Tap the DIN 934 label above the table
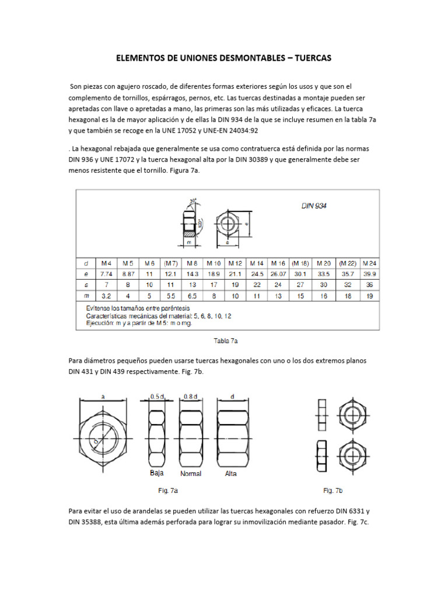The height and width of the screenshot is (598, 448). [314, 206]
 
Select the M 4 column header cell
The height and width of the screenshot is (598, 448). [107, 262]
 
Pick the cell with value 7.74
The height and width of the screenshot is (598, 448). [107, 273]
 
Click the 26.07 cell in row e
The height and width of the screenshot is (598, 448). [278, 273]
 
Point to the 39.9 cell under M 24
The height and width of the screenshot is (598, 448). [369, 273]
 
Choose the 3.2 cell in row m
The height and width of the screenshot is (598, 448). [107, 296]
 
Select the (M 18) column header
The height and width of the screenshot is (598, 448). [300, 262]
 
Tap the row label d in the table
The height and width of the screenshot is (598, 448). [86, 262]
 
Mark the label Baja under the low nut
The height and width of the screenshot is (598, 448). [157, 472]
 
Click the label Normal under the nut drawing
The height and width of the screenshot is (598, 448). [191, 474]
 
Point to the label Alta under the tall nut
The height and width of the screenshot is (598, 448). [231, 474]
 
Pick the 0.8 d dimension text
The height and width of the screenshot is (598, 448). [191, 397]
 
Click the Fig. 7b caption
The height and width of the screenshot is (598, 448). [333, 490]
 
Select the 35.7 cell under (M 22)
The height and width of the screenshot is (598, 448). [348, 273]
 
